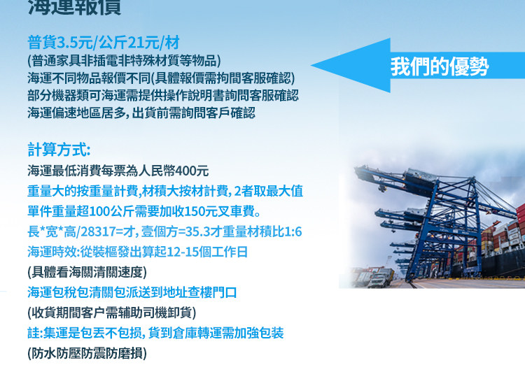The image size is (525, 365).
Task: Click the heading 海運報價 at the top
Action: click(74, 7)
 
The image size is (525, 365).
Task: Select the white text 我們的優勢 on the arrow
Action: click(440, 66)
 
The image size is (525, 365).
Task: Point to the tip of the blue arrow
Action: click(311, 65)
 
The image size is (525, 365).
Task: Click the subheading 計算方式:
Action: click(59, 150)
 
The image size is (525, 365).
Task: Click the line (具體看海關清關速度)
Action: click(87, 272)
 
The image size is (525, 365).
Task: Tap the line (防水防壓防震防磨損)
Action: click(87, 353)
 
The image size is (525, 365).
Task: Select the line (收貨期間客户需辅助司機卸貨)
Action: click(112, 313)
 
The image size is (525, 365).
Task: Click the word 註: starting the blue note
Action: click(35, 333)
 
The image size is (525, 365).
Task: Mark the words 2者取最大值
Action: click(269, 191)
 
